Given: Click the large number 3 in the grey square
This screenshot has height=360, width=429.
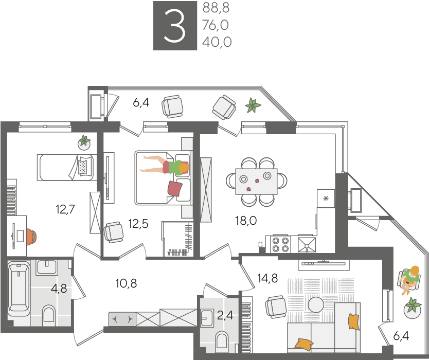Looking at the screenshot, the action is click(x=174, y=26).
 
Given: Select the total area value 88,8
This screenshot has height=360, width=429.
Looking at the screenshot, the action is click(x=216, y=8).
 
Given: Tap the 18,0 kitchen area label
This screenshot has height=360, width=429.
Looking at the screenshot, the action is click(x=246, y=221).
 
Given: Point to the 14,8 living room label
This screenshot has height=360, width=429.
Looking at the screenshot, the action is click(x=267, y=278).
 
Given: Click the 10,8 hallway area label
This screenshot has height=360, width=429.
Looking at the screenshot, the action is click(x=126, y=283).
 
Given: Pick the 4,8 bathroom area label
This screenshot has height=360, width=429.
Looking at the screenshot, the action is click(x=59, y=289).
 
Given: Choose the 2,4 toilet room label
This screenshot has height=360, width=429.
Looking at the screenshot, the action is click(x=225, y=315).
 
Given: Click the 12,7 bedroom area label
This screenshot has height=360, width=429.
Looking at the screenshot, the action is click(x=65, y=209).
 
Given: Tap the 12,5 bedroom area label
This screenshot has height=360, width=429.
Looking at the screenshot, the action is click(x=138, y=224).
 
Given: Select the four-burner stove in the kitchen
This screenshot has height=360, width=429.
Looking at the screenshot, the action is click(x=281, y=244).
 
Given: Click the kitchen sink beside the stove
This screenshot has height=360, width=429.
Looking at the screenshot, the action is click(x=307, y=244).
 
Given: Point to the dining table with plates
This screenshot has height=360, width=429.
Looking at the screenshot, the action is click(x=256, y=182).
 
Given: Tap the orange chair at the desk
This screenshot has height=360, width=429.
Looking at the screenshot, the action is click(x=31, y=237).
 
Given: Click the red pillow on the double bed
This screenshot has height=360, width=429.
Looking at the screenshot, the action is click(x=175, y=188).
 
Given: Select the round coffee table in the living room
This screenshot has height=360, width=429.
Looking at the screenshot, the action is click(x=316, y=304).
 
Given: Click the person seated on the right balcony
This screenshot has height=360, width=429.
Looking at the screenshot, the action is click(x=409, y=280).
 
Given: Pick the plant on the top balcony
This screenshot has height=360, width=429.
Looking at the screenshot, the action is click(x=253, y=105).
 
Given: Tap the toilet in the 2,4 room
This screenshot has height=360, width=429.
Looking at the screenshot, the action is click(x=222, y=341).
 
